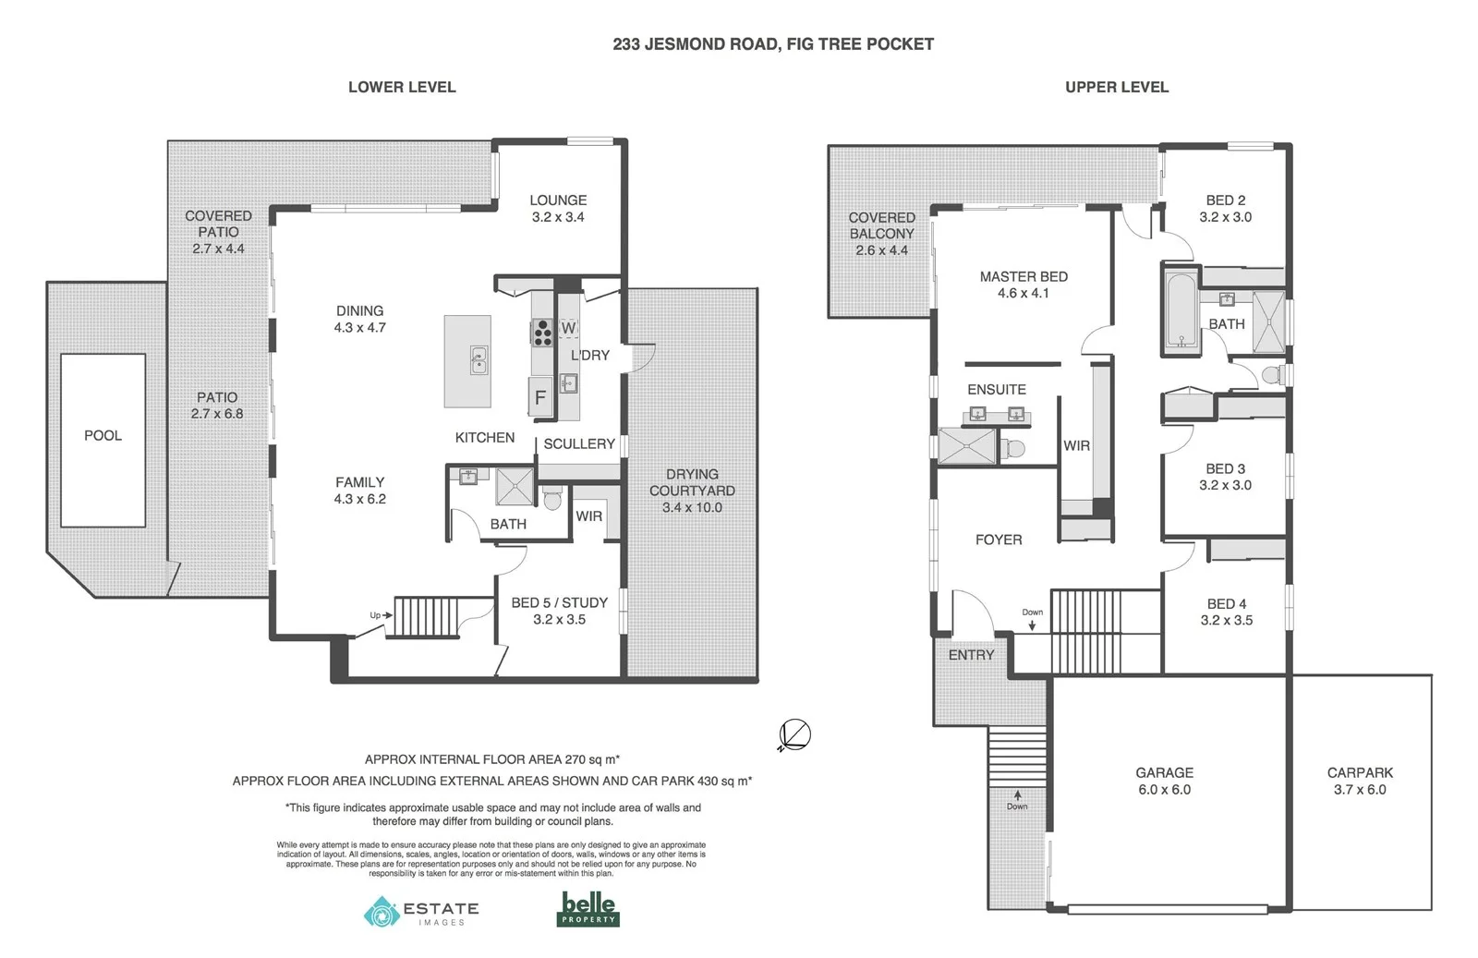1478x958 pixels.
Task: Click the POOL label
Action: point(103,435)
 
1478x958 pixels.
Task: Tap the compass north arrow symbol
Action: point(794,735)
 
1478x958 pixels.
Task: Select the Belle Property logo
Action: point(588,909)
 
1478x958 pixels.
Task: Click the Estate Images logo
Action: point(421,911)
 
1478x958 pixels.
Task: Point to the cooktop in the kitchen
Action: point(542,331)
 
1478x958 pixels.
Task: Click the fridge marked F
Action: point(540,398)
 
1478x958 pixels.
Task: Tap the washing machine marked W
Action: point(568,328)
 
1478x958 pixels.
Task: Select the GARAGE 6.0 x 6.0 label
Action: point(1164,781)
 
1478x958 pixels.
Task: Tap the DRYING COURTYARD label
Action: point(692,491)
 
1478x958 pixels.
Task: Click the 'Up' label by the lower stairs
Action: point(375,615)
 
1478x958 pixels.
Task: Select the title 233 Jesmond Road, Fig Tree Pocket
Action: point(773,43)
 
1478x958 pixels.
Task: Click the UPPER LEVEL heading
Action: point(1117,87)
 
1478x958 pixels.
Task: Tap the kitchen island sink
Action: point(478,360)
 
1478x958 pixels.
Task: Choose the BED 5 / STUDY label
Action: point(559,611)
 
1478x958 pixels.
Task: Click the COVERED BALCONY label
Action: point(881,234)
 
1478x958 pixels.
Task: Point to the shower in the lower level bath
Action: point(515,487)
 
